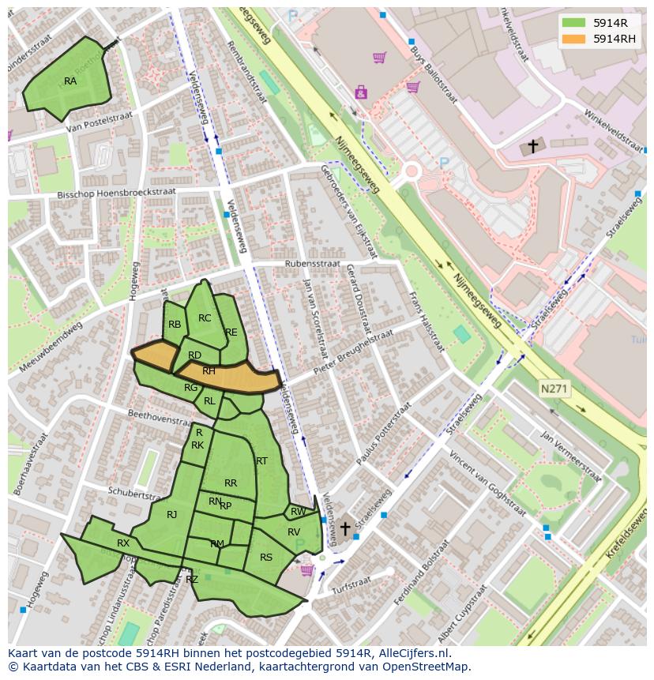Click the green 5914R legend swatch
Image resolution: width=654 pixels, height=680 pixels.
coord(573,23)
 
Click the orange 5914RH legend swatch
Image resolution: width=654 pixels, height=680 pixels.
coord(573,39)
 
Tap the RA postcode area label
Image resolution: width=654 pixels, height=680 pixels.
coord(70,81)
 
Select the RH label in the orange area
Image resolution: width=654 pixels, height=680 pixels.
coord(209,371)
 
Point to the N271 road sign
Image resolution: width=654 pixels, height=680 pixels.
coord(554,389)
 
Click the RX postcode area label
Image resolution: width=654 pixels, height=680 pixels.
coord(123,543)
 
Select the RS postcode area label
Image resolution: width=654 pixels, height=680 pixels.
coord(266,558)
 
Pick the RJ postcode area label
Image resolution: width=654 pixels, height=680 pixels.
coord(172,515)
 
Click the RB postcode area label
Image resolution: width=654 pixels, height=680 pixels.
coord(175,325)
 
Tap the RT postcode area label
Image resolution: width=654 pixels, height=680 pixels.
coord(261,461)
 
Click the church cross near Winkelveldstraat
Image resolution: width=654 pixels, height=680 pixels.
coord(533,146)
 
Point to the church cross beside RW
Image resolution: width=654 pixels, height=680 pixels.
coord(345,528)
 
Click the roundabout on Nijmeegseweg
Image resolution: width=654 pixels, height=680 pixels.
coord(411,171)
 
